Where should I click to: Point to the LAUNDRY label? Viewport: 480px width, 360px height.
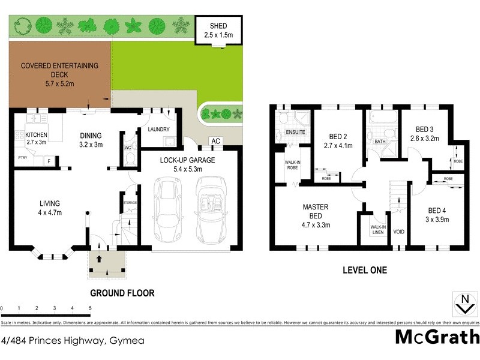(x=158, y=129)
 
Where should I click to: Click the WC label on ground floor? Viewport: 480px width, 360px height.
(x=127, y=146)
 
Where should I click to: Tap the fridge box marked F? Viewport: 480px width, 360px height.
(x=49, y=161)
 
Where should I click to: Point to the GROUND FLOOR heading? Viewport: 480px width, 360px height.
(x=122, y=293)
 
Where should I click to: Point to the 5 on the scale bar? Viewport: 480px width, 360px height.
(x=90, y=308)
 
